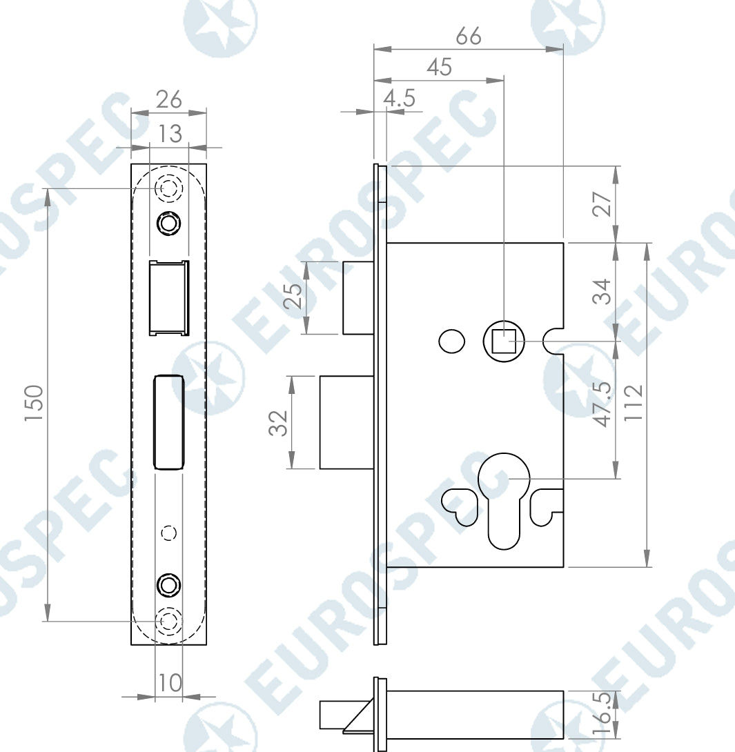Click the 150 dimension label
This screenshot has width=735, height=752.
(x=35, y=402)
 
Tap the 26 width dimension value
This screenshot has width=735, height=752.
(x=169, y=100)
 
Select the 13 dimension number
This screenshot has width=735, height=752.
(x=170, y=133)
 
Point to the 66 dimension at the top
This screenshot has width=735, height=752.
(x=468, y=36)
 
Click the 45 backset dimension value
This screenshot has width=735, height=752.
(x=439, y=67)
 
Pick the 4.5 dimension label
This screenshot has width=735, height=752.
(x=399, y=99)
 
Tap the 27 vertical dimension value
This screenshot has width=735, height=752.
(x=602, y=204)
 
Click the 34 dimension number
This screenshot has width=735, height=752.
(x=602, y=292)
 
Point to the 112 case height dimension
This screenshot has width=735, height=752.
(x=633, y=403)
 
